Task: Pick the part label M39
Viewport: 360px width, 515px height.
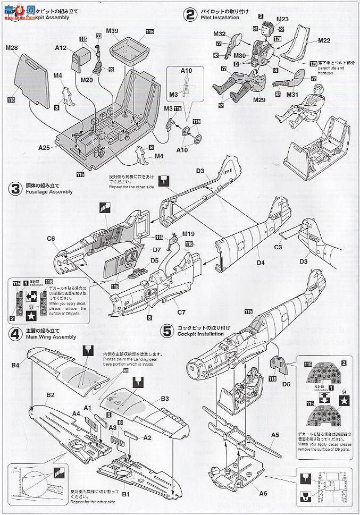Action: pyautogui.click(x=112, y=31)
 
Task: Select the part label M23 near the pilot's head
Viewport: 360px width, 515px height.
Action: pyautogui.click(x=282, y=19)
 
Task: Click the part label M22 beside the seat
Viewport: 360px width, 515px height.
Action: pyautogui.click(x=324, y=40)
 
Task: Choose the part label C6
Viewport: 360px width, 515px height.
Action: pyautogui.click(x=51, y=239)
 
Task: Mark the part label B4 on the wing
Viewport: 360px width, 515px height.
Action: pyautogui.click(x=16, y=365)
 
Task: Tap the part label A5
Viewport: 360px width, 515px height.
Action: pyautogui.click(x=274, y=434)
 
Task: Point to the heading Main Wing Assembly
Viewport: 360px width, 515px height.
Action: pyautogui.click(x=50, y=336)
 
